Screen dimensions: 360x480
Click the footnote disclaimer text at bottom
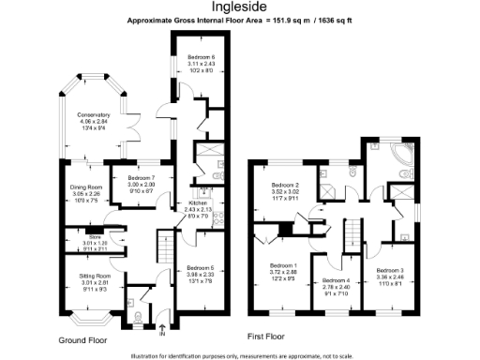(x=239, y=354)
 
